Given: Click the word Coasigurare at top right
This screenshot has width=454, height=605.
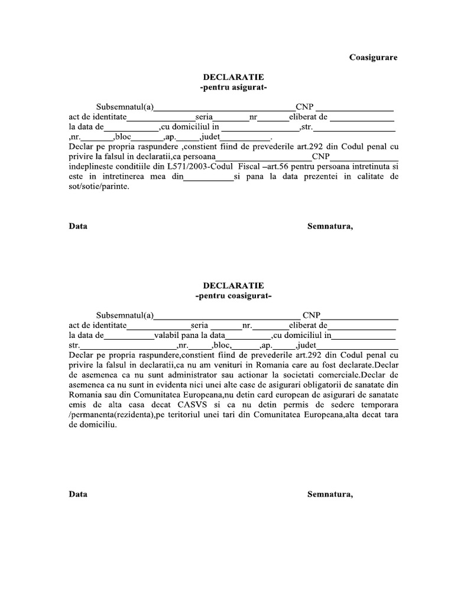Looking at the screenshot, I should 373,57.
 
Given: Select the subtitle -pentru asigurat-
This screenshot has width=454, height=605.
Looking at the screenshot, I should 234,87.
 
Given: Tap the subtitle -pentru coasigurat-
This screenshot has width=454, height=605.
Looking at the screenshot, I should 234,295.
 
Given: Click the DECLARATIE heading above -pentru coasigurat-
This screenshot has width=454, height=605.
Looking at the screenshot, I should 234,285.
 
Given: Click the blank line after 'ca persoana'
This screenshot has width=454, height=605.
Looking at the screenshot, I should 261,158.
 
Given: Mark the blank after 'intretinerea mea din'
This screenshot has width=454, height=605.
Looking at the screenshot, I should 209,177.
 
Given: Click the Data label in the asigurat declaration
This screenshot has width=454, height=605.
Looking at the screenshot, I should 78,226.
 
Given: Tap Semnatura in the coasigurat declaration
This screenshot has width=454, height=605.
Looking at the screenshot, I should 330,494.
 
